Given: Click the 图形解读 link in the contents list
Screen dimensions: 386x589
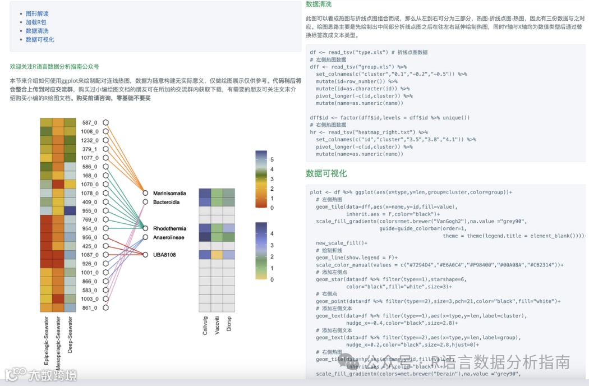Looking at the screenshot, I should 37,13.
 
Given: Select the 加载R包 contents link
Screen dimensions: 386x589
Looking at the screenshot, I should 35,22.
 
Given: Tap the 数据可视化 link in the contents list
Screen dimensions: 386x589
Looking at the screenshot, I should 40,40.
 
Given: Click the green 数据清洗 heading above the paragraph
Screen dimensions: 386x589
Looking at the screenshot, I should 318,4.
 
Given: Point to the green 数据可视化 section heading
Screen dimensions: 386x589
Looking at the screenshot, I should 326,173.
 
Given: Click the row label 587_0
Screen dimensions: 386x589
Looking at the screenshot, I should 90,122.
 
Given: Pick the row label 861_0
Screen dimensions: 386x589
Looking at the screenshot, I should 90,307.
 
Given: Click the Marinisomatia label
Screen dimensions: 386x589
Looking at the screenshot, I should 169,193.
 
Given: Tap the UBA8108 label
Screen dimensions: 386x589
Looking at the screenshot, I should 164,255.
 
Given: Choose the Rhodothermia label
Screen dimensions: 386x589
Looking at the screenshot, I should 169,228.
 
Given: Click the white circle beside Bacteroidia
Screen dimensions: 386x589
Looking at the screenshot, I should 146,201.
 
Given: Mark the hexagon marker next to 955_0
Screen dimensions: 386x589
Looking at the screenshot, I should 105,210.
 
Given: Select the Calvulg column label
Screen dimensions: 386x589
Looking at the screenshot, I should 205,326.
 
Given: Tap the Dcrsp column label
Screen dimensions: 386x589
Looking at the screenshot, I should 229,324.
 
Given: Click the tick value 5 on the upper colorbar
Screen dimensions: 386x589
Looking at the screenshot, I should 272,159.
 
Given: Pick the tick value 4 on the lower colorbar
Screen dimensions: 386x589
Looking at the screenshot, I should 272,233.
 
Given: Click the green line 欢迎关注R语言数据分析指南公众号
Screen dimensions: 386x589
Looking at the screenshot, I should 54,66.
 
